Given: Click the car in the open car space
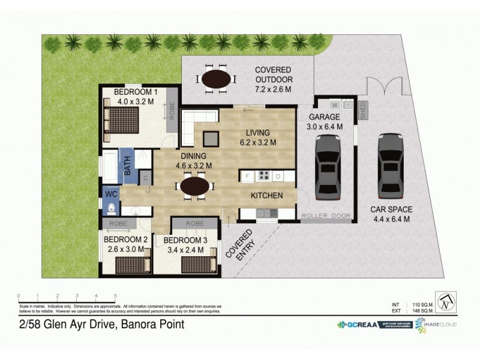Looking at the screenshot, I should click(x=391, y=166).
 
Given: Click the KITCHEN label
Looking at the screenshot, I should click(x=267, y=196).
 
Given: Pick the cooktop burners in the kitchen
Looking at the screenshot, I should click(x=263, y=176).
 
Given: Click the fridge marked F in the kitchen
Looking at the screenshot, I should click(x=247, y=176).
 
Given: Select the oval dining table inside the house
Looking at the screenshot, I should click(x=195, y=187).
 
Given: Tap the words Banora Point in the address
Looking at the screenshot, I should click(x=152, y=325).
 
